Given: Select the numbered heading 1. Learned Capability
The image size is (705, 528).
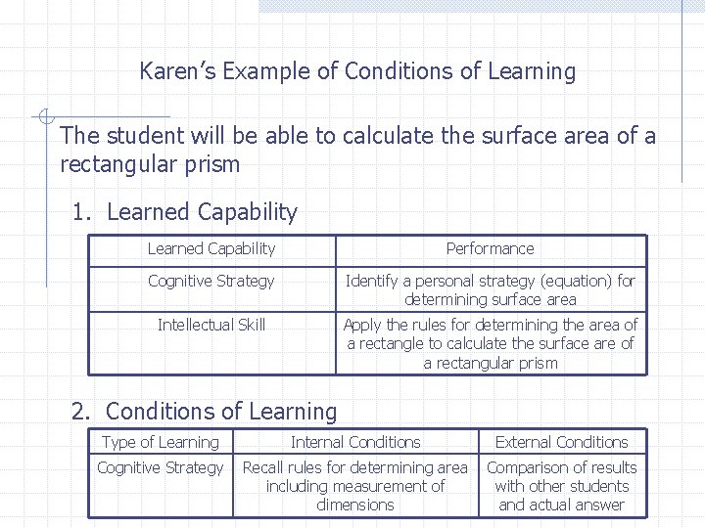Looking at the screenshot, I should pos(185,212).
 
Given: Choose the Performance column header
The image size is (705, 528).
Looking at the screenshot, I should pos(490,249).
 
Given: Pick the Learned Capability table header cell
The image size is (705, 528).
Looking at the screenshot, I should pos(211,249).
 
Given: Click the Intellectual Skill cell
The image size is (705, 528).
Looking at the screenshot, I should pos(211,325).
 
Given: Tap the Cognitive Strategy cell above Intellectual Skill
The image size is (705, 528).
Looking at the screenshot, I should pos(211,282).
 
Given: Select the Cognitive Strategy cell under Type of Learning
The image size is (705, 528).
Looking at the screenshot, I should pos(161,468).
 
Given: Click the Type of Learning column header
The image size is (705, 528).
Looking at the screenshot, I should pos(161,443).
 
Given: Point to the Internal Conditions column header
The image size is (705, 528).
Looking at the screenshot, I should pos(355,443).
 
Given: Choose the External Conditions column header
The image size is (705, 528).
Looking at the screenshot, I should pos(562,443).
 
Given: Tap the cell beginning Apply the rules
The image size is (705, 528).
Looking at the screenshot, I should pos(490,343).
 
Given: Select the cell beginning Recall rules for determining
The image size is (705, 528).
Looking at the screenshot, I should pos(355,486).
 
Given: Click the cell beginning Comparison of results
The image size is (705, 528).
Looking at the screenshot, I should pos(562,486).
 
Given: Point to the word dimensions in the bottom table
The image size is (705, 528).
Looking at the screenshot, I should pos(355,506).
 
